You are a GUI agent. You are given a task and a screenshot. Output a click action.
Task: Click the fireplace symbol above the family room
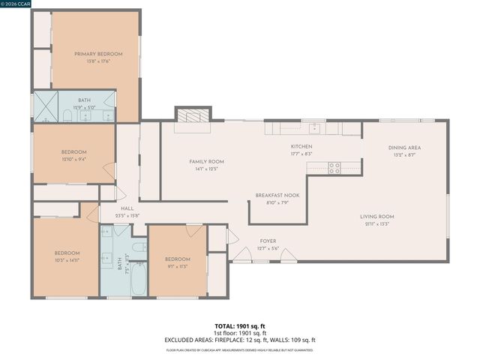click(193, 114)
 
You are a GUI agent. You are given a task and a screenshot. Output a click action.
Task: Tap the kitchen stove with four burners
click(334, 168)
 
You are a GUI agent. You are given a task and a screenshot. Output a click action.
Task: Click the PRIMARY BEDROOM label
click(97, 54)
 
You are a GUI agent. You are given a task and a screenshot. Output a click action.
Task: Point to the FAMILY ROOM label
click(205, 161)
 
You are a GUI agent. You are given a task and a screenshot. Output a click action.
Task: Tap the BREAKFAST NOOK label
click(277, 195)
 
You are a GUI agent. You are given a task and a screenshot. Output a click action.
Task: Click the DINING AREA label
click(404, 148)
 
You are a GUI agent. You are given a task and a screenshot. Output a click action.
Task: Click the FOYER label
click(268, 241)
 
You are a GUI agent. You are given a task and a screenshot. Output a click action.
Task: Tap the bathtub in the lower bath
click(139, 281)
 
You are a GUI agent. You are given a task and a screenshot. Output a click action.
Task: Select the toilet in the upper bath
click(67, 115)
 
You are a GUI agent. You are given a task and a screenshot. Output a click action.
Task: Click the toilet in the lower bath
click(139, 247)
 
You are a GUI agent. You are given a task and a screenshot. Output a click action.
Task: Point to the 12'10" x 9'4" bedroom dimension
click(73, 159)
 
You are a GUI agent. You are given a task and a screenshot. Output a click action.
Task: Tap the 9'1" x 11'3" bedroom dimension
click(178, 266)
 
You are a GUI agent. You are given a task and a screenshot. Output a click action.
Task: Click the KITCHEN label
click(301, 146)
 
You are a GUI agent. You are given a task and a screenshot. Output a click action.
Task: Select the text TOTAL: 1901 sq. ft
click(240, 326)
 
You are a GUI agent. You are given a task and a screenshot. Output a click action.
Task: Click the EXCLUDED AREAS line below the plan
click(240, 339)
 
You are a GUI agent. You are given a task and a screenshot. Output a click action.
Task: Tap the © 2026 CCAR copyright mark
click(16, 4)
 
